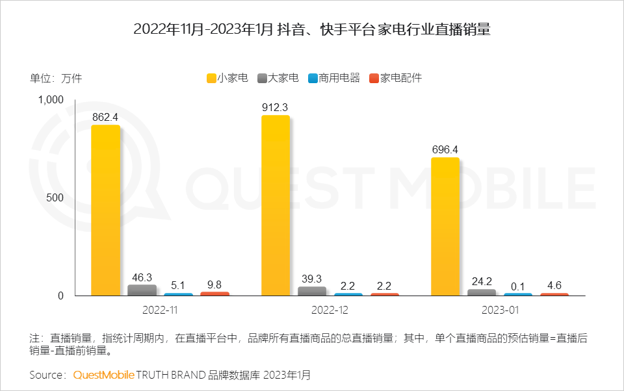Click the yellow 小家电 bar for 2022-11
[106, 210]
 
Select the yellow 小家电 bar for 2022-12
[276, 206]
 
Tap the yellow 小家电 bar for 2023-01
[445, 227]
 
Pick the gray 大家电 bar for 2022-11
[142, 290]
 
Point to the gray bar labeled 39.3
[312, 291]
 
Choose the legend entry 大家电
[278, 78]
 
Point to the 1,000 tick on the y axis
[50, 99]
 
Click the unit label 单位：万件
[56, 79]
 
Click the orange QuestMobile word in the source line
[103, 375]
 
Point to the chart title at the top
[311, 29]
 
